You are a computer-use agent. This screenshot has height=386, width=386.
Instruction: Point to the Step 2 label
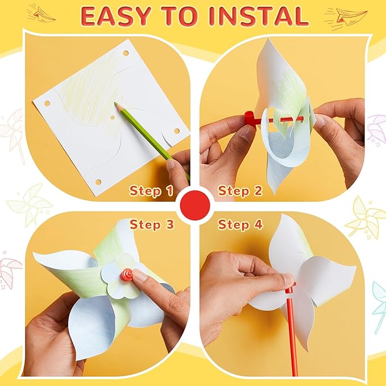point(240,190)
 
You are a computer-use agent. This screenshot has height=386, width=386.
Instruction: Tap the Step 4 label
point(240,224)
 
